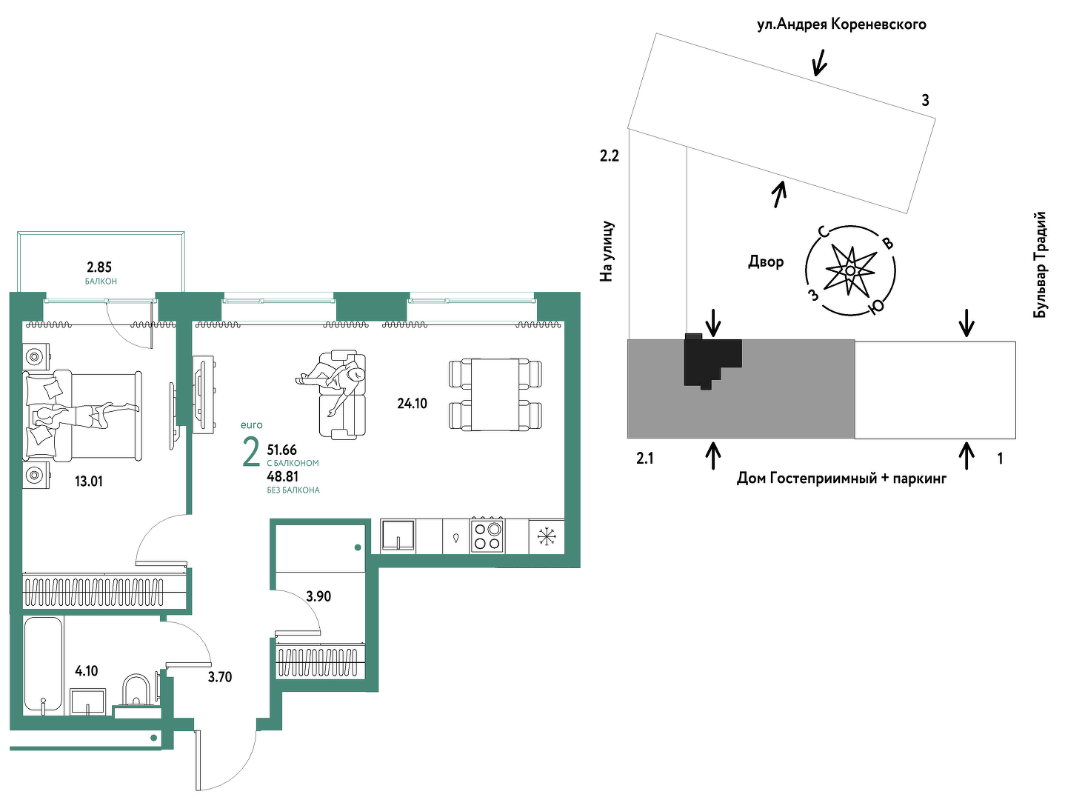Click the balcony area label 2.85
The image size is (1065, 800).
[99, 267]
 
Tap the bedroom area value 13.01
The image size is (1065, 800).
[89, 481]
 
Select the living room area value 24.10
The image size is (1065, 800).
[412, 403]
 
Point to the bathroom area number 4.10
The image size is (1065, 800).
[87, 671]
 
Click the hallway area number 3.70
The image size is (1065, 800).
[220, 677]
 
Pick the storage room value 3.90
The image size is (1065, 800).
[318, 596]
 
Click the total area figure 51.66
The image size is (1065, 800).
[282, 450]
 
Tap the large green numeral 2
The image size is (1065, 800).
[251, 454]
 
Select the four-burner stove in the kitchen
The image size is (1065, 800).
[487, 536]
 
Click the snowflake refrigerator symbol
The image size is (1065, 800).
[547, 536]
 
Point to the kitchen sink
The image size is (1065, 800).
[398, 536]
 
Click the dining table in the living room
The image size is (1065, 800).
[495, 394]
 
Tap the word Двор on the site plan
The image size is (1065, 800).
[766, 262]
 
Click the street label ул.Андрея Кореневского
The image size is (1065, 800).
[842, 24]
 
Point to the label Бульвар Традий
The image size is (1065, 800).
[1041, 265]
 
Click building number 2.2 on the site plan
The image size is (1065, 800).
[610, 156]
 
